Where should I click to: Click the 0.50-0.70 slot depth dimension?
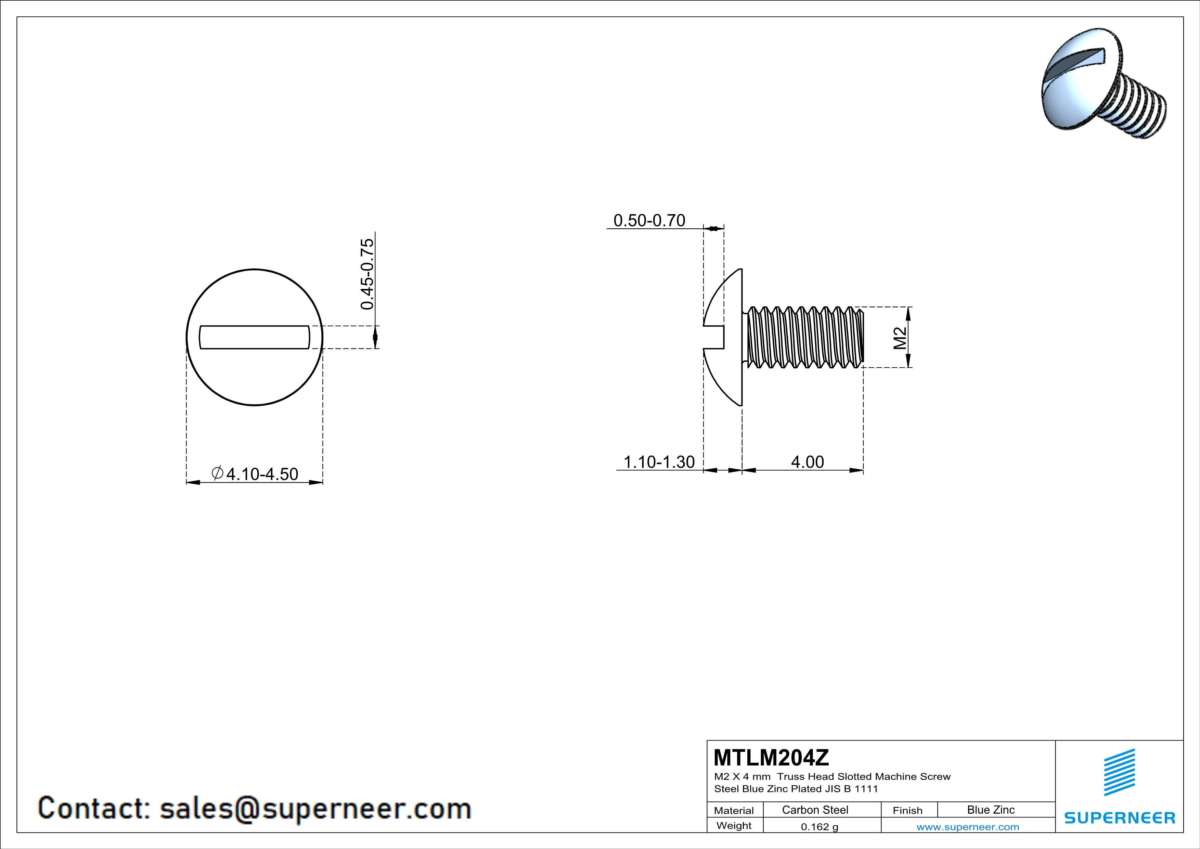coord(649,220)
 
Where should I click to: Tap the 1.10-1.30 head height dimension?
coord(659,462)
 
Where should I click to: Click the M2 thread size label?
coord(900,338)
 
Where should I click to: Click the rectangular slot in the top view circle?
coord(255,337)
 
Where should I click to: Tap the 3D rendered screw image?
coord(1103,84)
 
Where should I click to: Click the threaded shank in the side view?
coord(805,337)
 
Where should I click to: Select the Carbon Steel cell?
coord(815,810)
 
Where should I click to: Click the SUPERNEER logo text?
coord(1120,818)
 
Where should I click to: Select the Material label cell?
coord(734,810)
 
